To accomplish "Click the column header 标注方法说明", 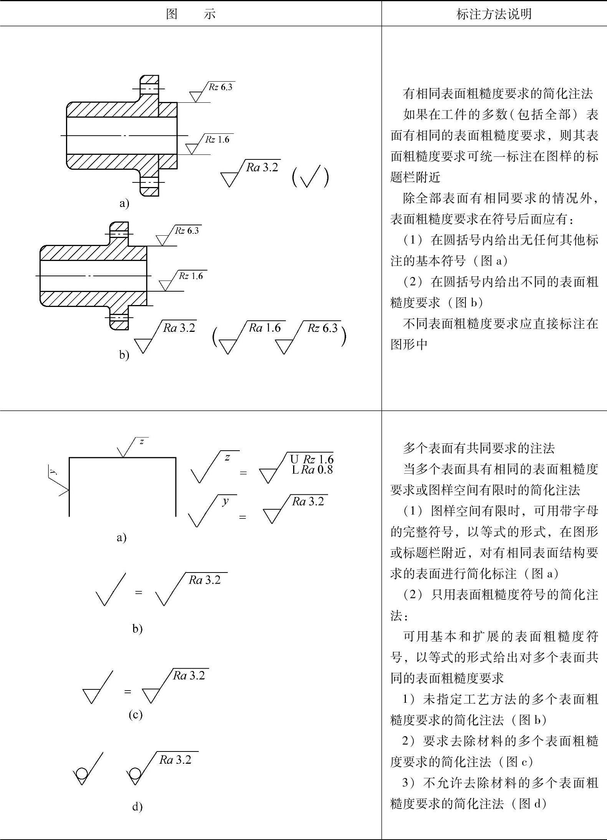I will click(494, 14).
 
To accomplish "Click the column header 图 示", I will click(191, 14).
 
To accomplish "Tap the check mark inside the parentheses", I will click(310, 177).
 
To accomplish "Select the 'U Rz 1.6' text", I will click(312, 459).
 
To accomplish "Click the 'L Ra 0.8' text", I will click(312, 469).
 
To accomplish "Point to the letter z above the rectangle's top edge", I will click(142, 441).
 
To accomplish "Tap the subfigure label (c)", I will click(135, 714).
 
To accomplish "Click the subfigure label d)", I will click(137, 807).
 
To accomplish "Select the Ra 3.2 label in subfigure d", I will click(175, 760).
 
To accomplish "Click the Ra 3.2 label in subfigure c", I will click(189, 676).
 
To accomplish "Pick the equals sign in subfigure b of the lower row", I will click(139, 592).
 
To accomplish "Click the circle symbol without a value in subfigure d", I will click(81, 773).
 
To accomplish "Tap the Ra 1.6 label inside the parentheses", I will click(265, 328).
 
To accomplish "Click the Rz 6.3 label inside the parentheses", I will click(322, 328).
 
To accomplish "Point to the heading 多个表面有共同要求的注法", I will click(479, 448).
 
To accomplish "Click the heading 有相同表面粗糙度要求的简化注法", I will click(498, 94).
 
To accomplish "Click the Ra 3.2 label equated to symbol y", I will click(308, 501).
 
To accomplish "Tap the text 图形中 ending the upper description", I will click(409, 344).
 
